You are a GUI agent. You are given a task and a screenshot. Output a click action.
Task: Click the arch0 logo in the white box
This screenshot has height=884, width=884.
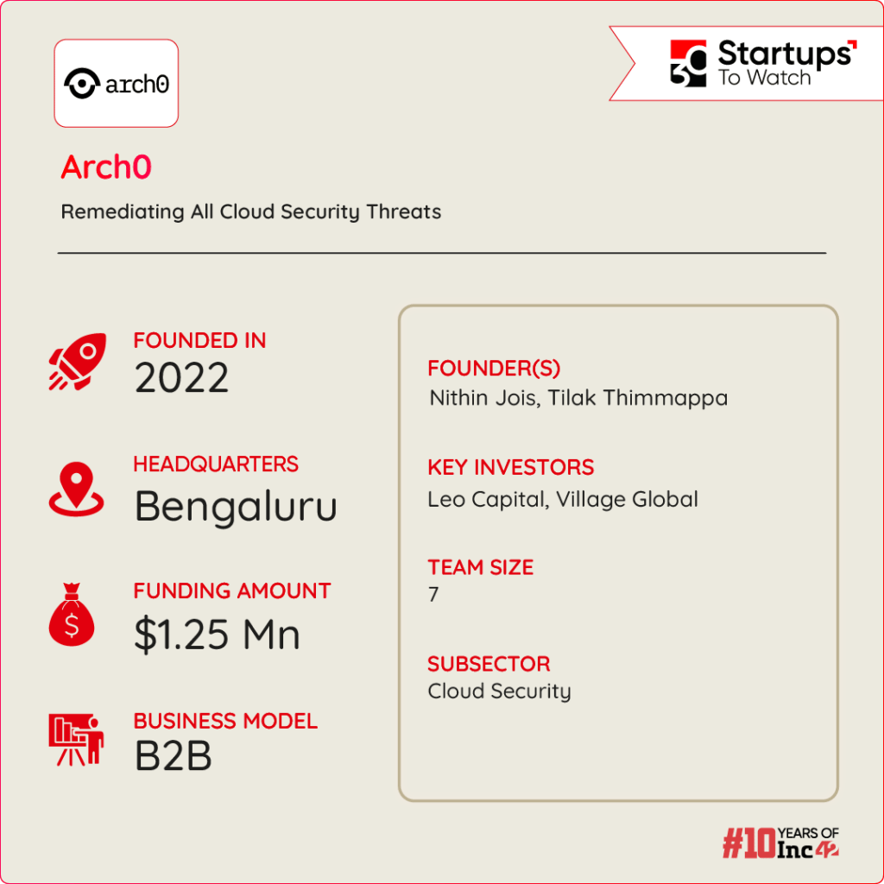tap(116, 84)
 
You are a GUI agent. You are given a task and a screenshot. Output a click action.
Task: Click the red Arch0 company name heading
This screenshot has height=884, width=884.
tap(106, 167)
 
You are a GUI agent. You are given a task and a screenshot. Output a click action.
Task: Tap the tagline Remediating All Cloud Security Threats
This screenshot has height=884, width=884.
tap(250, 212)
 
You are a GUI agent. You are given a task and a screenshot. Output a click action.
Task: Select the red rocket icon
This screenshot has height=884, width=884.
tap(77, 360)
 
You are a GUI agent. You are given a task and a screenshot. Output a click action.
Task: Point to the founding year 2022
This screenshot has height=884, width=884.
tap(181, 378)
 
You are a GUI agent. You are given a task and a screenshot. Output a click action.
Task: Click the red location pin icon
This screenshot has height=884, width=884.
tap(76, 489)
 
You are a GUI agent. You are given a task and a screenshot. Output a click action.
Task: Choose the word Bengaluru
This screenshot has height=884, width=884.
tap(236, 507)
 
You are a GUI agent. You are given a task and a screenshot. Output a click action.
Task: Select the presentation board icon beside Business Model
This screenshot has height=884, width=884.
tap(76, 740)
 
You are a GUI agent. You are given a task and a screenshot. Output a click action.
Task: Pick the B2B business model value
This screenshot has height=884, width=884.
tap(174, 756)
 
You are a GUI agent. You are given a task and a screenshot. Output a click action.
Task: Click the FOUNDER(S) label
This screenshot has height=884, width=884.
tap(494, 369)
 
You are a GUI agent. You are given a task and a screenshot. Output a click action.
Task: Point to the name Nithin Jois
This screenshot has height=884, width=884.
tap(483, 398)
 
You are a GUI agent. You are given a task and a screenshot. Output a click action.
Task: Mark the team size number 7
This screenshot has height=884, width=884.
tap(433, 595)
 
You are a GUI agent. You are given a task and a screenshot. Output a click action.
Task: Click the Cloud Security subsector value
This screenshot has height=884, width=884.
tap(499, 691)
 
